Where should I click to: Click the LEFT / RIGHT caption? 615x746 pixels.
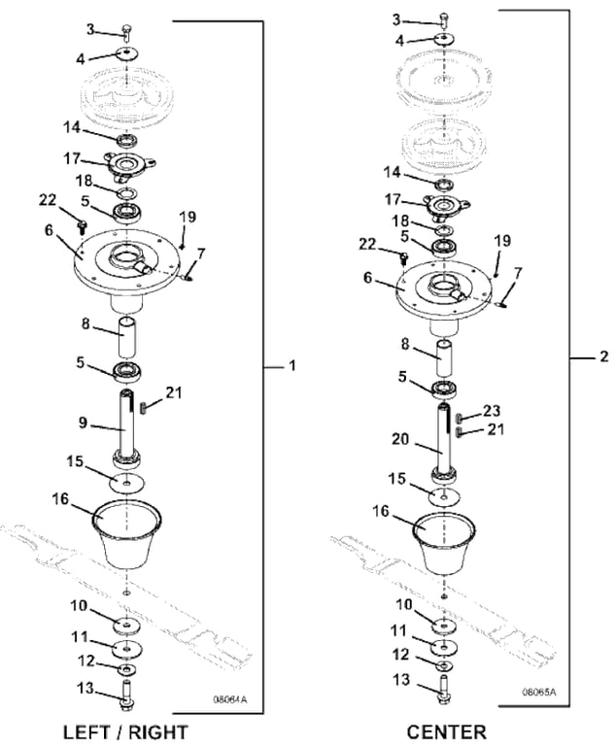(x=125, y=730)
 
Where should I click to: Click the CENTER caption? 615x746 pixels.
(x=447, y=730)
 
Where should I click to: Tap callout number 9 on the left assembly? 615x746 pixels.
(x=85, y=423)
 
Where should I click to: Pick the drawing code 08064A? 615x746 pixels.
(x=231, y=697)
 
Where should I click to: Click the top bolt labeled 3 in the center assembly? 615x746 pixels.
(x=444, y=17)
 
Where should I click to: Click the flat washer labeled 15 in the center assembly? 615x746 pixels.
(x=444, y=494)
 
